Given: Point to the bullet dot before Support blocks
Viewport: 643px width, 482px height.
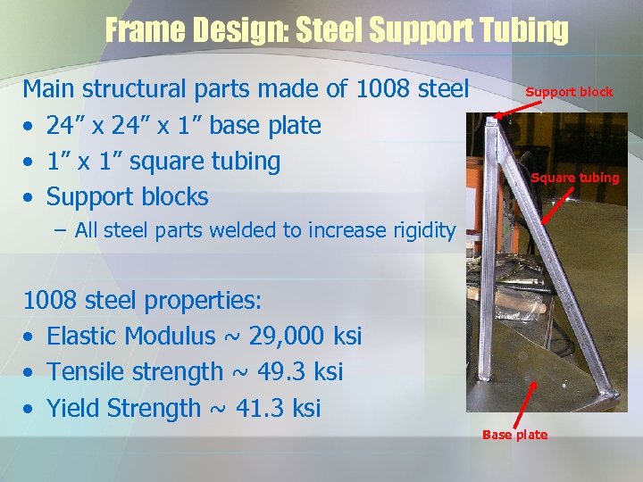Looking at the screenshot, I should point(29,197).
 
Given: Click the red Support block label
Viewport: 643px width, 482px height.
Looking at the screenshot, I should point(569,91).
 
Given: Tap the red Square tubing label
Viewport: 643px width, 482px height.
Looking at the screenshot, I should point(574,178).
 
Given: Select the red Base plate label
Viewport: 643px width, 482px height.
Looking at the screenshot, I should point(514,435).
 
